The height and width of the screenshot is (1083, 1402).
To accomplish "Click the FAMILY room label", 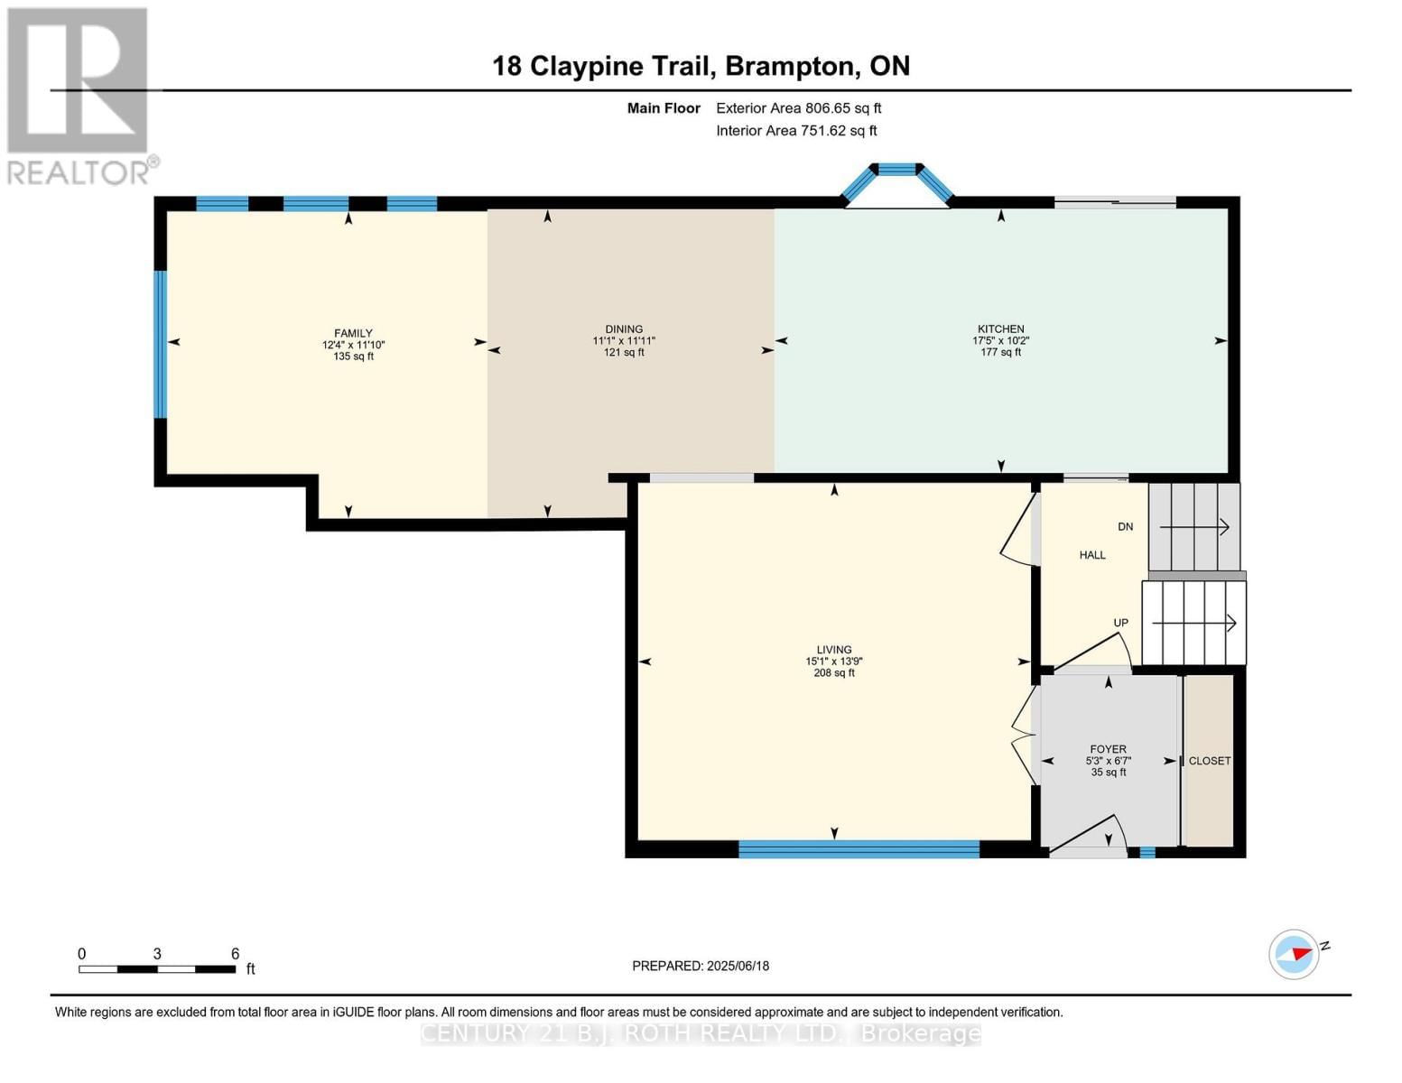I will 353,333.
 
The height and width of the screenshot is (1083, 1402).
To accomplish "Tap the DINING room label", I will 624,329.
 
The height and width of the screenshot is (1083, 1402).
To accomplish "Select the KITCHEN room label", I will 1000,329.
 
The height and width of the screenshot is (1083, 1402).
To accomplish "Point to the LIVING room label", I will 833,650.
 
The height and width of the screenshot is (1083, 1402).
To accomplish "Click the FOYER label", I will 1108,749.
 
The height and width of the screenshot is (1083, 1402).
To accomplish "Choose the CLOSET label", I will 1209,761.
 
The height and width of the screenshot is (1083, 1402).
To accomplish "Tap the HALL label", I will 1092,555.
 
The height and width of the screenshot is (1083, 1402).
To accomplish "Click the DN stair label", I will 1125,526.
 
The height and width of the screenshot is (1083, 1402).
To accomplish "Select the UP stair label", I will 1120,623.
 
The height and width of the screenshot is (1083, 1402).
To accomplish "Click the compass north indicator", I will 1295,954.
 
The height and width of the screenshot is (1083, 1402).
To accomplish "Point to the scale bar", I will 157,969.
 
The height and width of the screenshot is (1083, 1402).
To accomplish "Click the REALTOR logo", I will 79,95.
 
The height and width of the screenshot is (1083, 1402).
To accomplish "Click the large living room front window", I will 859,848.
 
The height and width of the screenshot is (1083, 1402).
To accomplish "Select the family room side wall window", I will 161,344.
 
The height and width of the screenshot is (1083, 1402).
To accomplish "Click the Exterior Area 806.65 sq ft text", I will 798,108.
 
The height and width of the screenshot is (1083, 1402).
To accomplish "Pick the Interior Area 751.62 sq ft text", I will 796,131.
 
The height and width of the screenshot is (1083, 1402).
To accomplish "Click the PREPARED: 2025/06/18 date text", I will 701,966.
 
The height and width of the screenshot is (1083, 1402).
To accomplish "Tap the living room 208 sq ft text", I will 833,673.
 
